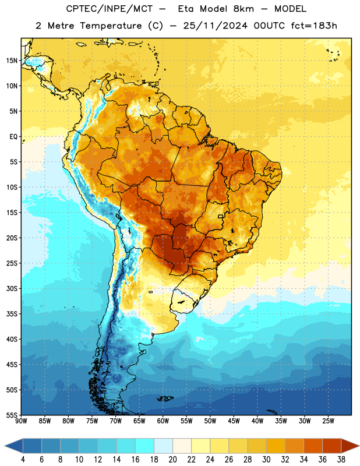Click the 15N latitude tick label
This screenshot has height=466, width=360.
[12, 61]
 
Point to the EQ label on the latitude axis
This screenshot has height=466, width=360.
[13, 137]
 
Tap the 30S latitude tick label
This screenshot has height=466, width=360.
[12, 289]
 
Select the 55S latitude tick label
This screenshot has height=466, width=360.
[12, 415]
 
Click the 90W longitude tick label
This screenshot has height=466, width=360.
[21, 421]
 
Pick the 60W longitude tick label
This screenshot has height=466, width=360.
[163, 421]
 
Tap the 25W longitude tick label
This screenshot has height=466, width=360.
[328, 421]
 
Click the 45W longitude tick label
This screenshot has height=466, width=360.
[234, 421]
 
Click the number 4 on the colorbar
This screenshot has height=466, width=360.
[23, 460]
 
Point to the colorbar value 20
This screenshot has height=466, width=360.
[172, 460]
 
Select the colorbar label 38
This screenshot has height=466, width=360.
[341, 460]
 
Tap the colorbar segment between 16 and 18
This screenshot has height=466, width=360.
[145, 446]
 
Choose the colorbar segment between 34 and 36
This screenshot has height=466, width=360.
[313, 446]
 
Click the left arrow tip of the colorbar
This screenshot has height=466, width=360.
[5, 446]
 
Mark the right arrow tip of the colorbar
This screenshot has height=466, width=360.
[359, 446]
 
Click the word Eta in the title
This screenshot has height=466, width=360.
[186, 9]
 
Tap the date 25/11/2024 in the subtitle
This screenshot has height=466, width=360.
[215, 26]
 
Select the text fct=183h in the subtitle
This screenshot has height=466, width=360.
[314, 26]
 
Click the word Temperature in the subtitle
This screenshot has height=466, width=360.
[111, 26]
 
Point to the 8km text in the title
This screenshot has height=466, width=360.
[243, 9]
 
